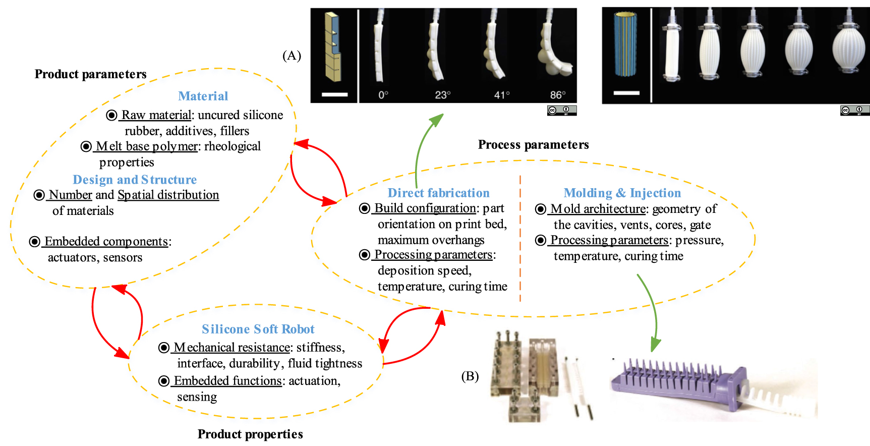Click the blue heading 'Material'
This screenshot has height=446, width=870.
[x=203, y=96]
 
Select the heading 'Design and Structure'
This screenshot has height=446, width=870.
[x=135, y=180]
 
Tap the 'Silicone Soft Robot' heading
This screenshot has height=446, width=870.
[x=258, y=329]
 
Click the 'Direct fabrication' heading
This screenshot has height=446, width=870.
[x=438, y=193]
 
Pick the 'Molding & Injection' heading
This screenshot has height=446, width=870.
[x=622, y=193]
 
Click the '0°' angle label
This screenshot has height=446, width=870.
[x=383, y=95]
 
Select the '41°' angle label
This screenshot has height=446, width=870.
[x=501, y=95]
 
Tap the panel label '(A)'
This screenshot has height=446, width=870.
[x=292, y=55]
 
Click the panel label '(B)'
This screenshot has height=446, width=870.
[x=470, y=376]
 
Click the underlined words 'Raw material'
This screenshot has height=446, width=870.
[x=156, y=115]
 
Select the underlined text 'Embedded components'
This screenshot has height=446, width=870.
[x=106, y=241]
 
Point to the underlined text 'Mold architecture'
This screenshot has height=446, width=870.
[x=598, y=208]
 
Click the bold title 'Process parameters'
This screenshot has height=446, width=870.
[x=533, y=145]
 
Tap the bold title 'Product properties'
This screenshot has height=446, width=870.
[x=250, y=434]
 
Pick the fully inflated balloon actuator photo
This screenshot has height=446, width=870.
[x=848, y=48]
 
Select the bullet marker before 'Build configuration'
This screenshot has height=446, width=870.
[x=364, y=208]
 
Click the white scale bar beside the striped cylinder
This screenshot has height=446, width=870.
[x=626, y=93]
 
